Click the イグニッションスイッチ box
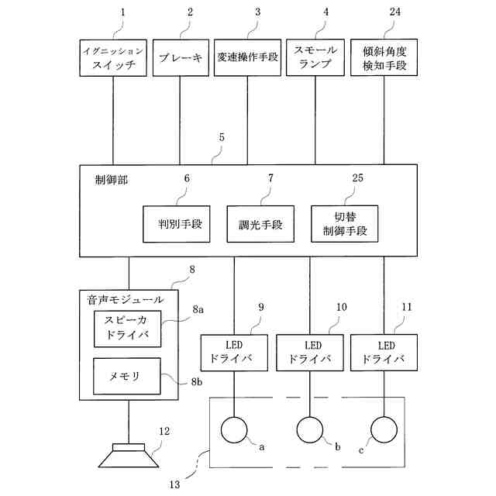(113, 57)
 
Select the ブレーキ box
(180, 57)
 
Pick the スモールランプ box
(315, 57)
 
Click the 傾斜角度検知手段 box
(384, 57)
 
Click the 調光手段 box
(261, 225)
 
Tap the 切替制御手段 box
(345, 225)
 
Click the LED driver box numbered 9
(233, 352)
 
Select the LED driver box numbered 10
(309, 352)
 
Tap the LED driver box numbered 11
(384, 352)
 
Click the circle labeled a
(233, 429)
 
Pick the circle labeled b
(310, 429)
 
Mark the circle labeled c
(384, 429)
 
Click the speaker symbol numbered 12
(129, 456)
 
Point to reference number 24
(384, 13)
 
